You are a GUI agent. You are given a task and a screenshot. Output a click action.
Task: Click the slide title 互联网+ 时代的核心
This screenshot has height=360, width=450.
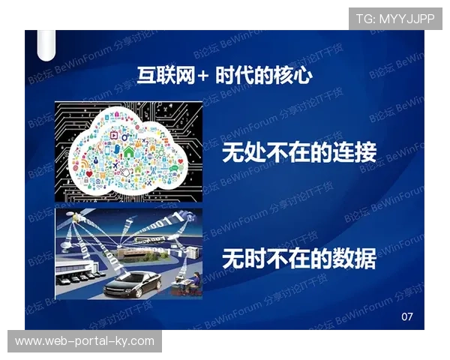click(224, 76)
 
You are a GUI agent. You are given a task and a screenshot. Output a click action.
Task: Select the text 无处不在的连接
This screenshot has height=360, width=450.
click(298, 153)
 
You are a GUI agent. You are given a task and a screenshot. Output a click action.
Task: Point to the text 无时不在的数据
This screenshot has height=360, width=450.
click(298, 259)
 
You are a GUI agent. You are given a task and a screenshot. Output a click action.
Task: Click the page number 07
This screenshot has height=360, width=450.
click(407, 316)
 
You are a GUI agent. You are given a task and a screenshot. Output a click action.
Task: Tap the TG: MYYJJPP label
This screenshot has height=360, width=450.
click(395, 18)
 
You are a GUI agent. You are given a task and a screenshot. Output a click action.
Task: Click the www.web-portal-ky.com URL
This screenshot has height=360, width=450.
click(84, 341)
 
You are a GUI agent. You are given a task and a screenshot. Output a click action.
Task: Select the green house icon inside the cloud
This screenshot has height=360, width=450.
click(129, 150)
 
